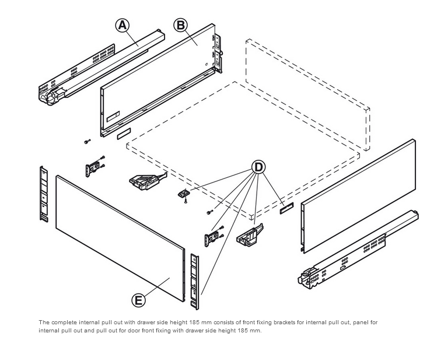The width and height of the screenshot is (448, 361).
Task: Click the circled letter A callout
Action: [x=122, y=25]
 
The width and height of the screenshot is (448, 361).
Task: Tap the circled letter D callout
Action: [x=258, y=167]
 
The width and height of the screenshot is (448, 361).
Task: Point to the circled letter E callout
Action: [x=138, y=300]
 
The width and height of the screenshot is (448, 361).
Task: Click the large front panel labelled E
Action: [x=117, y=233]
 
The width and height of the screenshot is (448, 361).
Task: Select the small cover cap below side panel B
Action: [x=124, y=134]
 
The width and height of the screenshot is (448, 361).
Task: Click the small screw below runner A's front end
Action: [x=86, y=142]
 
